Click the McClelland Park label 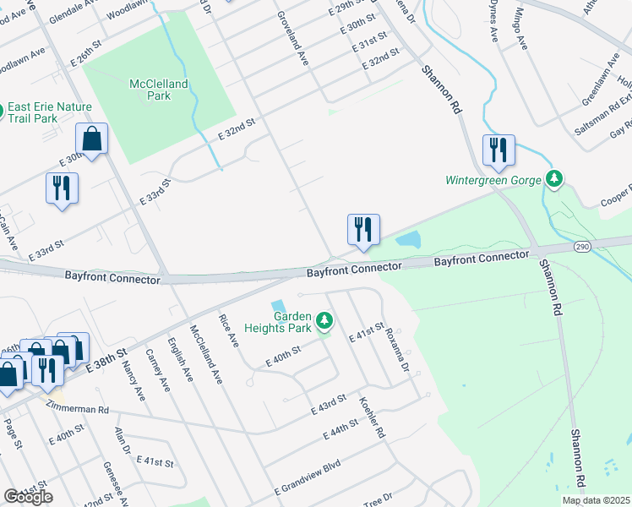click(x=159, y=90)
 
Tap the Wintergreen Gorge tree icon click(x=554, y=178)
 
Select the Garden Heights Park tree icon click(x=324, y=320)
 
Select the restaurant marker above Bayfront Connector click(x=363, y=229)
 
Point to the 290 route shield click(x=581, y=246)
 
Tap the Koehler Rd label click(x=372, y=417)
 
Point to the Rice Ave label click(x=231, y=331)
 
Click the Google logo click(x=28, y=497)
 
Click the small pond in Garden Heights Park click(x=278, y=306)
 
